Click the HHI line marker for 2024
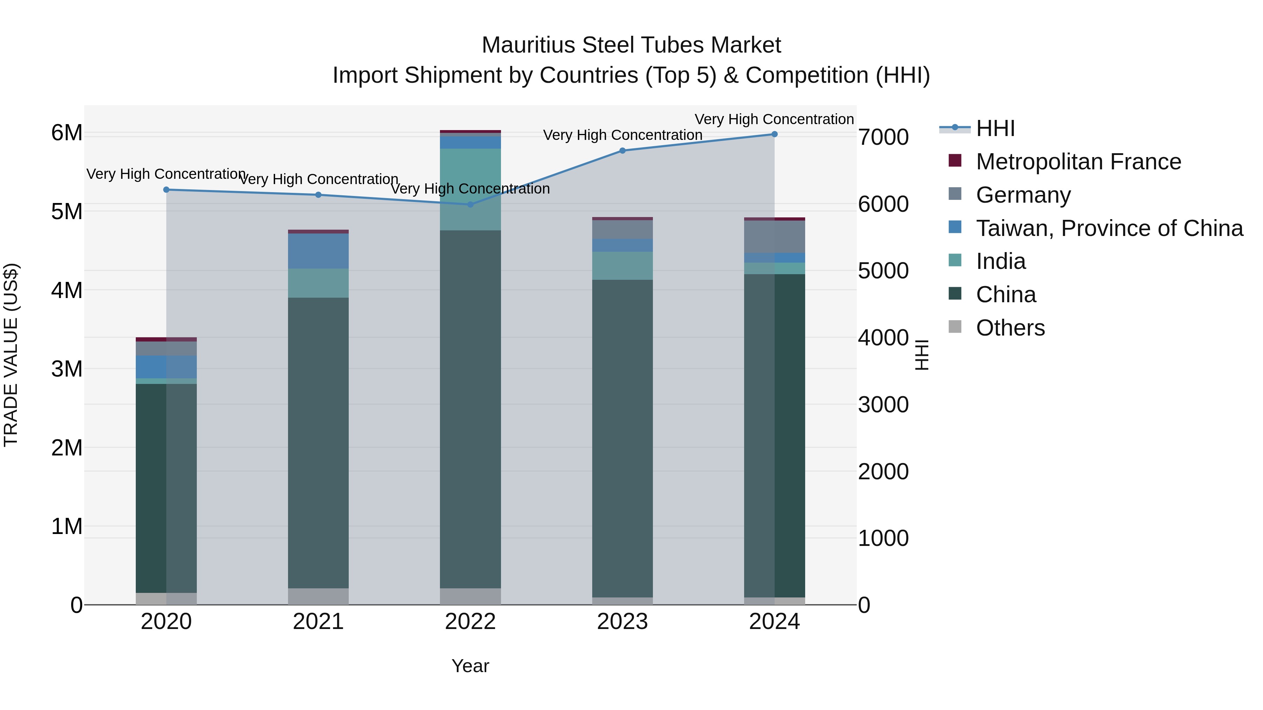[x=774, y=134]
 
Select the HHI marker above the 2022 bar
[x=470, y=204]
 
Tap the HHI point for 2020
[x=166, y=190]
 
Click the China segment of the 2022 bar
[x=470, y=409]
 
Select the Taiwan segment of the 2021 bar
[x=318, y=251]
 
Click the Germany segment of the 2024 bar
[x=774, y=237]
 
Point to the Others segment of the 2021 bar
[x=318, y=596]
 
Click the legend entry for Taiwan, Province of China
[x=1109, y=228]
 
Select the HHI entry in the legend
[x=995, y=128]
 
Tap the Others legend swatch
[x=955, y=327]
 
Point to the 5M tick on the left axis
[x=67, y=212]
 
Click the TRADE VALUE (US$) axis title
[x=11, y=355]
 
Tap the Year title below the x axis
[x=470, y=666]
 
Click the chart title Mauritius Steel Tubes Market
[x=631, y=45]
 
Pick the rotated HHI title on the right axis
[x=922, y=355]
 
